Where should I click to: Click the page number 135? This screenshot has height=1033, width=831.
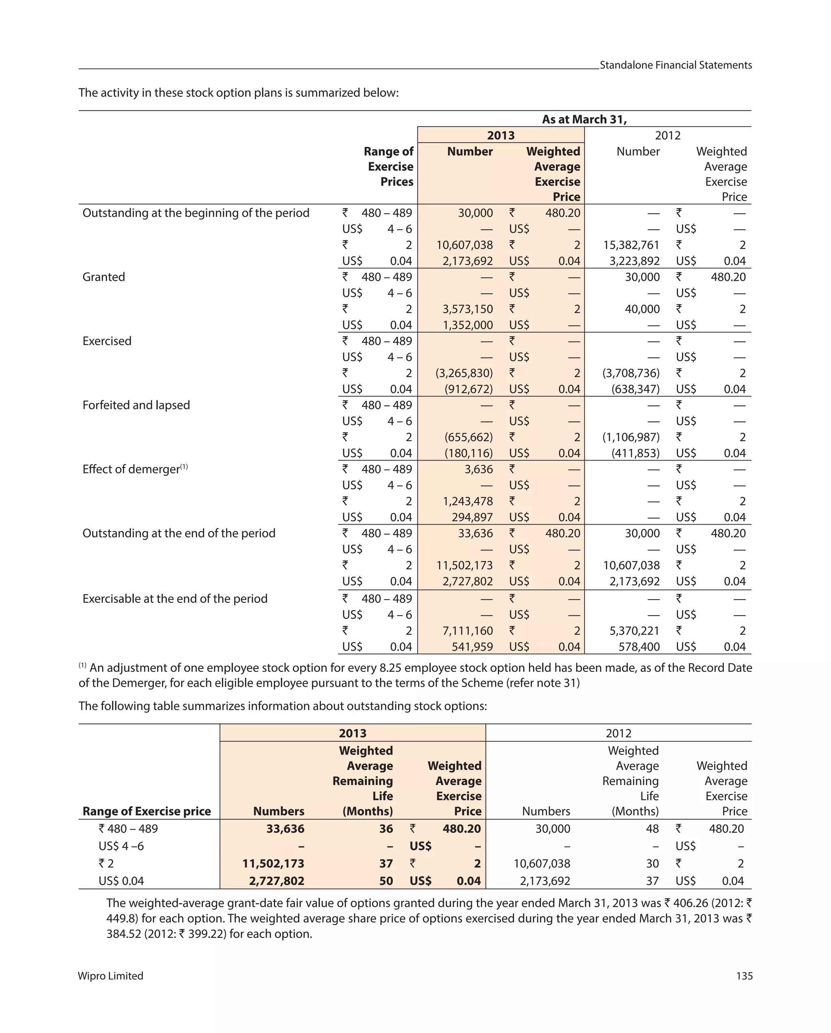[x=744, y=976]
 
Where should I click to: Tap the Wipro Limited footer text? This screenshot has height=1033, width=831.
[x=110, y=976]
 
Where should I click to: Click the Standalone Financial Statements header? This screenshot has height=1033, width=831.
[x=675, y=65]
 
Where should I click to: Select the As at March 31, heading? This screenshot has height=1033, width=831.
[x=584, y=119]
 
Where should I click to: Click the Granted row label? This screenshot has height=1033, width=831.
[x=103, y=277]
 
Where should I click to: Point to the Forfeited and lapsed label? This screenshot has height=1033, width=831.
[x=136, y=405]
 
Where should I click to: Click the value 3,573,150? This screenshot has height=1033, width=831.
[x=467, y=309]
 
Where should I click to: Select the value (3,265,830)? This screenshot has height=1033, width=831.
[x=463, y=373]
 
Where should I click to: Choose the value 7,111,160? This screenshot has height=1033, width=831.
[x=467, y=631]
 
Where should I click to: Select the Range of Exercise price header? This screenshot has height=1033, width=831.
[x=146, y=811]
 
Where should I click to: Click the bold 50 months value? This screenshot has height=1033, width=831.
[x=386, y=880]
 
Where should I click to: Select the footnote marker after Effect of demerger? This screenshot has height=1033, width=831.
[x=184, y=467]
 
